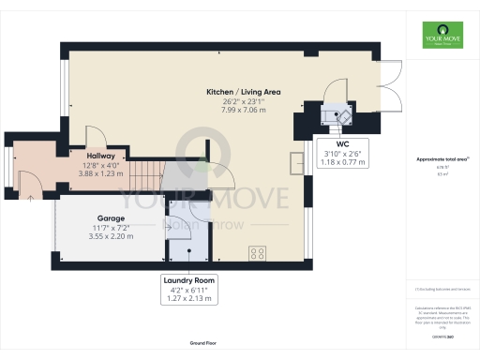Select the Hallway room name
pyautogui.click(x=101, y=156)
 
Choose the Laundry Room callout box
pyautogui.click(x=188, y=289)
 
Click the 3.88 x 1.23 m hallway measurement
pyautogui.click(x=101, y=173)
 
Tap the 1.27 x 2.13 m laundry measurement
pyautogui.click(x=188, y=299)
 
